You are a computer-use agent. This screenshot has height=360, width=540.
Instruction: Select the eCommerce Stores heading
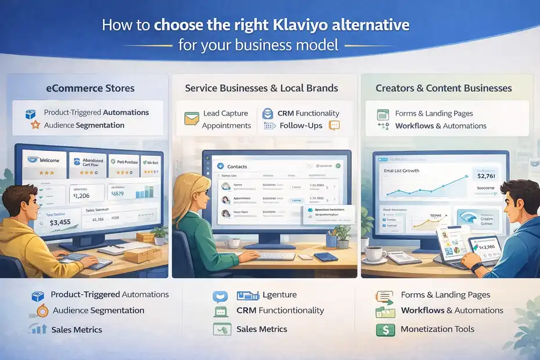coord(90,88)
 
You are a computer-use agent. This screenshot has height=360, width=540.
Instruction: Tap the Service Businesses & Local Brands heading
coord(261,88)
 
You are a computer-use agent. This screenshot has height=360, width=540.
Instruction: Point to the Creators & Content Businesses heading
coord(444,88)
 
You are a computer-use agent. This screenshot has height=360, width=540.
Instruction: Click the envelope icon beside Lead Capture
coord(192,119)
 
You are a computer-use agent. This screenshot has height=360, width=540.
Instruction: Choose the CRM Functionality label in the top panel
coord(308,113)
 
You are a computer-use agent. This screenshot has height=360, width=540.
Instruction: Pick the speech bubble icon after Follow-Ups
coord(334,125)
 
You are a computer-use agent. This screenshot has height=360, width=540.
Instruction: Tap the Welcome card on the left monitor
coord(44,165)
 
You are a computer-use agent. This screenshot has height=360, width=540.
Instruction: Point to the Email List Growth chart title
coord(401,171)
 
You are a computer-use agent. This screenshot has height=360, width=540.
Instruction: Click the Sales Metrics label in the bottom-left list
coord(76,330)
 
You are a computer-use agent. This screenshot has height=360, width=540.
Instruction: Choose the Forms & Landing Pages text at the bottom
coord(445,295)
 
